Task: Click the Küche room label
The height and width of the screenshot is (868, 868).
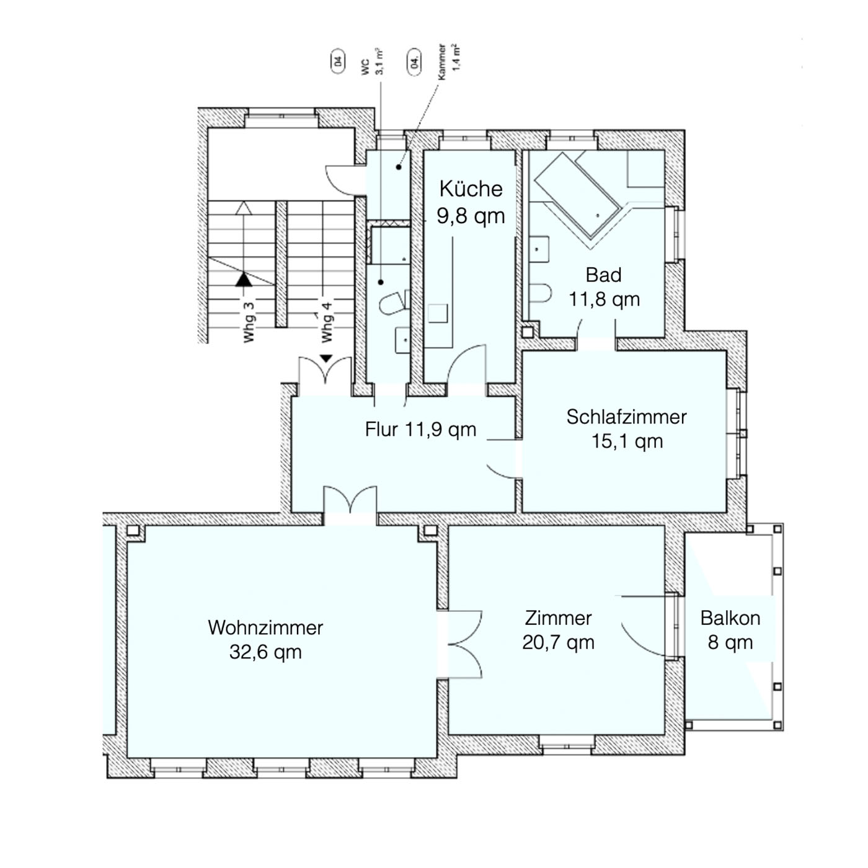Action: point(471,188)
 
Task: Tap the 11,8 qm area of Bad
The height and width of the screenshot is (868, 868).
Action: point(604,299)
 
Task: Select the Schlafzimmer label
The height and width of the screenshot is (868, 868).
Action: point(627,417)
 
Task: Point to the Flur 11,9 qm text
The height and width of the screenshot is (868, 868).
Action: point(420,429)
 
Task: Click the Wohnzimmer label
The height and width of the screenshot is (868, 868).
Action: point(265,628)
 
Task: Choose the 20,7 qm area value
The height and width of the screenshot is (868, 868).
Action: point(558,642)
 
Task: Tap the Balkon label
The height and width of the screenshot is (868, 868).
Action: point(730,619)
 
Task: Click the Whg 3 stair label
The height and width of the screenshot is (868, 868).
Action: point(249,322)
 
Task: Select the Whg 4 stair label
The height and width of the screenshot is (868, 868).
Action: point(327,322)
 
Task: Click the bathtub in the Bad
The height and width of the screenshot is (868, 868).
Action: point(578,194)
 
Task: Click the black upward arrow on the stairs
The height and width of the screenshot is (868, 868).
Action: point(244,280)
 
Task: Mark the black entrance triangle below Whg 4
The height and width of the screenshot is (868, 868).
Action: point(326,358)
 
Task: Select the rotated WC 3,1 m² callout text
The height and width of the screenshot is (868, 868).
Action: point(372,61)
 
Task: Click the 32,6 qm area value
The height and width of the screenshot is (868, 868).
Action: point(265,652)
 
